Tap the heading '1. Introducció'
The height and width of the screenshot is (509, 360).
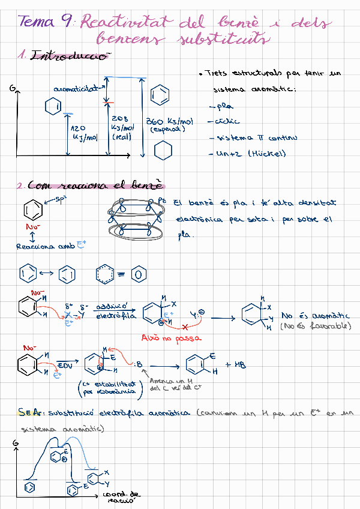tap(65, 56)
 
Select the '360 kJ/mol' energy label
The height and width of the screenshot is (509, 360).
tap(170, 124)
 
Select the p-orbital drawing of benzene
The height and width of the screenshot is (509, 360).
tap(134, 217)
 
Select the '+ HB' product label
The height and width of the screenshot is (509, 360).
tap(236, 364)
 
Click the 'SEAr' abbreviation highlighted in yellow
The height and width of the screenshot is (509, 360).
tap(29, 413)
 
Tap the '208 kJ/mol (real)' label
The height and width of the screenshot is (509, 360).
tap(122, 128)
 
